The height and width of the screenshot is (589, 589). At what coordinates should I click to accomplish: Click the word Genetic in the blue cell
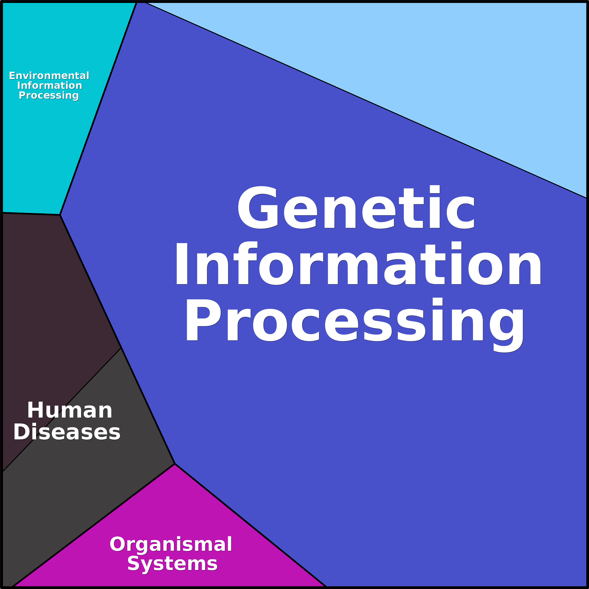tap(356, 207)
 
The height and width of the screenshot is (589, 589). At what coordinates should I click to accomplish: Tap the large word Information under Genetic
tap(358, 263)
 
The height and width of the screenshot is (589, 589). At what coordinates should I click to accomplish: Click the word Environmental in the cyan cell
tap(49, 75)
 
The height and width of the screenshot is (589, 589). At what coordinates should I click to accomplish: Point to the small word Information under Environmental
tap(50, 85)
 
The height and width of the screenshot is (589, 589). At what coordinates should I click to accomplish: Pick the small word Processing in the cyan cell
tap(49, 95)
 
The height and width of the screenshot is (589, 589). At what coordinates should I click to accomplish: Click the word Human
tap(70, 410)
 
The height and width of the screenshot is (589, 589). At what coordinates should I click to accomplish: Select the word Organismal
tap(171, 544)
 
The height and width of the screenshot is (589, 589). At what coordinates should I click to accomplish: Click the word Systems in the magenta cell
tap(172, 564)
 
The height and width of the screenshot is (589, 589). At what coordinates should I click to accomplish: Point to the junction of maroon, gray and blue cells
tap(121, 348)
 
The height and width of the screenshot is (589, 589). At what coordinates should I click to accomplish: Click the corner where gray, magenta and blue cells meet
tap(175, 464)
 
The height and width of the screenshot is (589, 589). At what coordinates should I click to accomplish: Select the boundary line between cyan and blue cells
tap(98, 109)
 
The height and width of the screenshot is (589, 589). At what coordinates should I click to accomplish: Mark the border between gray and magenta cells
tap(94, 525)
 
